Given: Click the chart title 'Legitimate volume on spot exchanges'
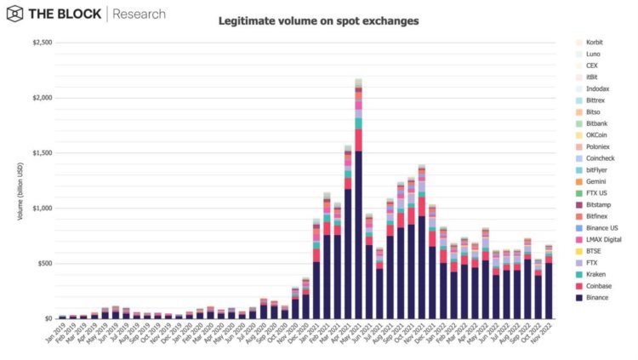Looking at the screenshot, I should tap(318, 20).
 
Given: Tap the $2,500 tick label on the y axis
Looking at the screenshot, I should tap(41, 43).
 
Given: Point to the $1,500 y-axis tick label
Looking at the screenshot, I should tap(41, 153).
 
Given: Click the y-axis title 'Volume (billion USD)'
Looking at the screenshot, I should tap(19, 180).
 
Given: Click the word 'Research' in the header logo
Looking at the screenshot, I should tap(140, 14).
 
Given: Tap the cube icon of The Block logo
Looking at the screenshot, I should tap(14, 14).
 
